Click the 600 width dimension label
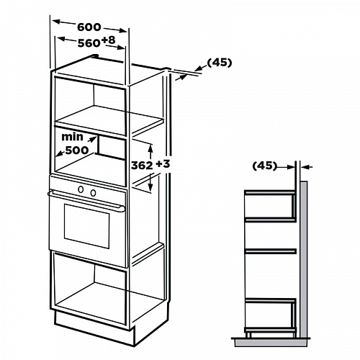pos(89,27)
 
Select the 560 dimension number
pos(89,43)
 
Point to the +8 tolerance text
pos(108,40)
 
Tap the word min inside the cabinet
pos(72,137)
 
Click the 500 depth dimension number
pos(77,150)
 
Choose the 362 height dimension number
pos(142,166)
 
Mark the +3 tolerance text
pos(163,164)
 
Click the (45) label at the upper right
pos(220,63)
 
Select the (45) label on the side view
pos(265,166)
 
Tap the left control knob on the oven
pos(81,189)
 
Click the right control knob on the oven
pos(93,192)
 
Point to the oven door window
pos(86,226)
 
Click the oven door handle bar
pos(86,200)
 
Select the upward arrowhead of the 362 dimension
pos(150,148)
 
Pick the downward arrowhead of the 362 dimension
pos(150,188)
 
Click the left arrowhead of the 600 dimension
pos(56,22)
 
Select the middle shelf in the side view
pos(271,251)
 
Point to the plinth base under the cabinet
pos(94,328)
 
